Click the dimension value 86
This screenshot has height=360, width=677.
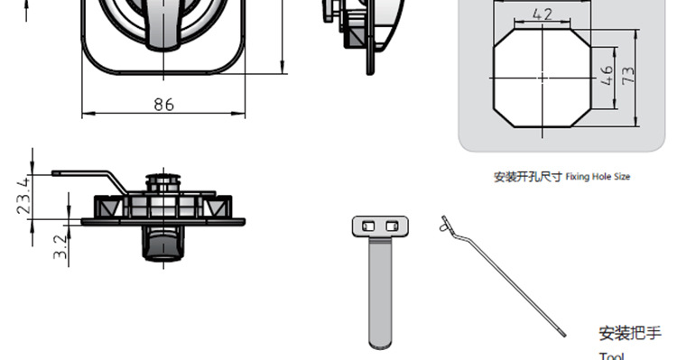tap(164, 105)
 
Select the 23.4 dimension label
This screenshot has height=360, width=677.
tap(24, 196)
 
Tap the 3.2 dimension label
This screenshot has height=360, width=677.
tap(60, 246)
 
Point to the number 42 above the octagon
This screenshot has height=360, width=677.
tap(543, 14)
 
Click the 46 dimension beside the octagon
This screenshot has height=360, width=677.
tap(607, 76)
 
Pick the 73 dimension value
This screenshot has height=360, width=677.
tap(628, 76)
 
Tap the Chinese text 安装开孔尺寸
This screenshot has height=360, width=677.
tap(528, 177)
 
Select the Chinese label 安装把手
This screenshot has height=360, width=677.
tap(630, 333)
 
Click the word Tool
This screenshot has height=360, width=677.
tap(611, 356)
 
